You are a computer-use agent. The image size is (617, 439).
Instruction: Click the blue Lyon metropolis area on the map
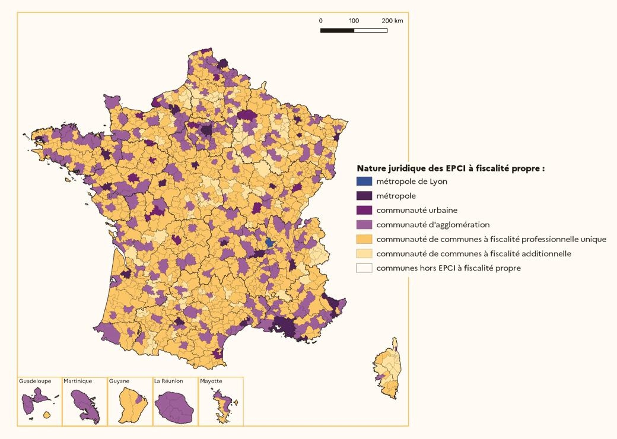[x=269, y=242]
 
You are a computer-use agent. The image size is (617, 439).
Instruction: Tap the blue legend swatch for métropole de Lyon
[x=364, y=182]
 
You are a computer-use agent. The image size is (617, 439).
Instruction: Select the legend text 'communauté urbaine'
[x=416, y=210]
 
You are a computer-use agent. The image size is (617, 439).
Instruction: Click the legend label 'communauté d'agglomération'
[x=432, y=225]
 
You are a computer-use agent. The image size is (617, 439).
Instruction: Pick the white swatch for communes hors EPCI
[x=364, y=268]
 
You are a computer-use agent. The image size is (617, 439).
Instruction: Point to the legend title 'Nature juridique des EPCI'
[x=450, y=168]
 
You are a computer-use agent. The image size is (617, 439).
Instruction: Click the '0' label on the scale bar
[x=321, y=21]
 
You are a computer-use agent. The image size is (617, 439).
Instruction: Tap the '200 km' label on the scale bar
[x=392, y=21]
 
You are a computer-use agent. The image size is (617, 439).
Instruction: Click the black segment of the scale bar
[x=337, y=30]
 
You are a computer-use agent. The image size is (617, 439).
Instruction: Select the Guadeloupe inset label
[x=35, y=381]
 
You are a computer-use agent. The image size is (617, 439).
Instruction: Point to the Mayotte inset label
[x=212, y=381]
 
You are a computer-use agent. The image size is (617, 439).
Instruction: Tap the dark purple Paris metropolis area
[x=206, y=129]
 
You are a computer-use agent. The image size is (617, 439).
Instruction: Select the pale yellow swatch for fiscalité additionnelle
[x=364, y=253]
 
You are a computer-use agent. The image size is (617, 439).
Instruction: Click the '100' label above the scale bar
[x=354, y=21]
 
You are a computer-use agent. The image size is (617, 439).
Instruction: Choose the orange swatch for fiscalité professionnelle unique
[x=364, y=239]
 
